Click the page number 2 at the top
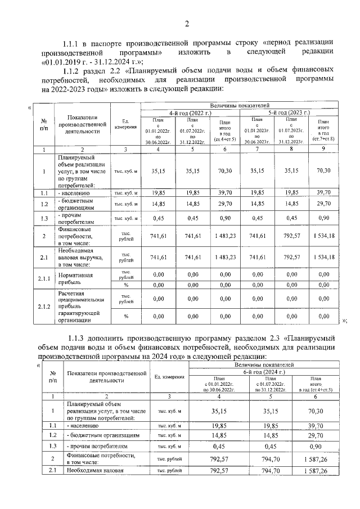186,23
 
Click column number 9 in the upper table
323,150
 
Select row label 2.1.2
44,307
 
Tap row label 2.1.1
44,279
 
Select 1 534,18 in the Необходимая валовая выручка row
323,258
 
